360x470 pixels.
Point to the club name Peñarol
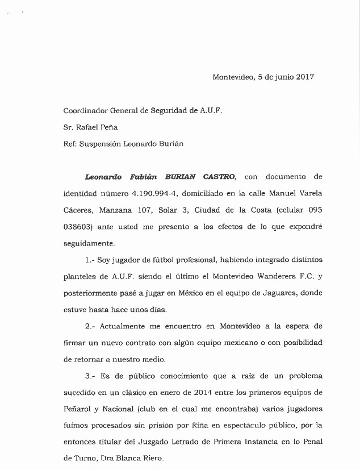(x=78, y=409)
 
